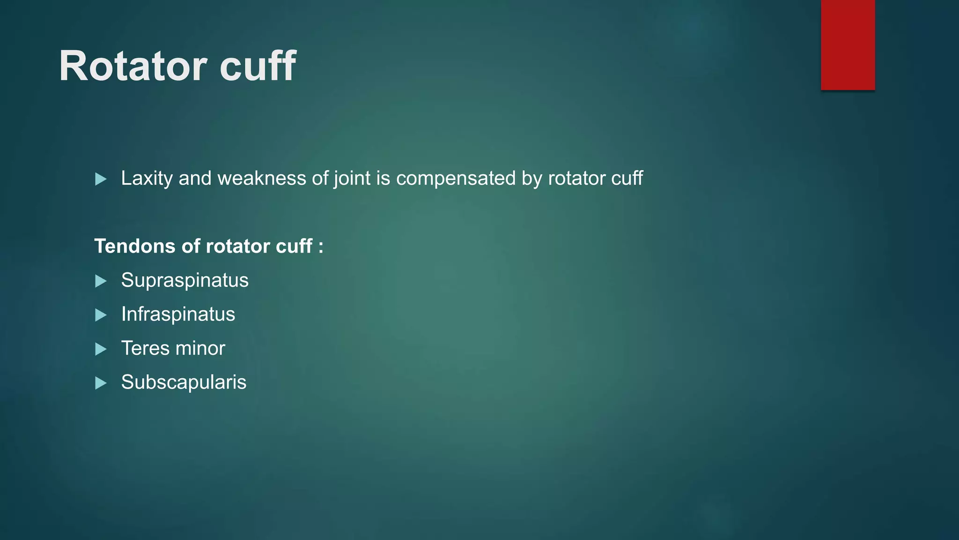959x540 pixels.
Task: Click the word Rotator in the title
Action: (133, 66)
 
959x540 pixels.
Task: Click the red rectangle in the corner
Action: (848, 45)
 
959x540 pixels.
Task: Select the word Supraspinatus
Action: (184, 280)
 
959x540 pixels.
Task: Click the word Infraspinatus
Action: (178, 314)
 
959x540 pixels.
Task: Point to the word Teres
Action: (145, 348)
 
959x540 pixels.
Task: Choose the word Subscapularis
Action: (184, 382)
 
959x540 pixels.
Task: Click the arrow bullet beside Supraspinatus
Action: (101, 281)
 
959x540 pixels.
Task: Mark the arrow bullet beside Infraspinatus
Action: (101, 315)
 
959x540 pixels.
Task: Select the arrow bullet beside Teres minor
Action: (101, 349)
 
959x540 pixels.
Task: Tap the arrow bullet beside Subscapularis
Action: (101, 383)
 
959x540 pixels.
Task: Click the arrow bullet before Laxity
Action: (101, 179)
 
